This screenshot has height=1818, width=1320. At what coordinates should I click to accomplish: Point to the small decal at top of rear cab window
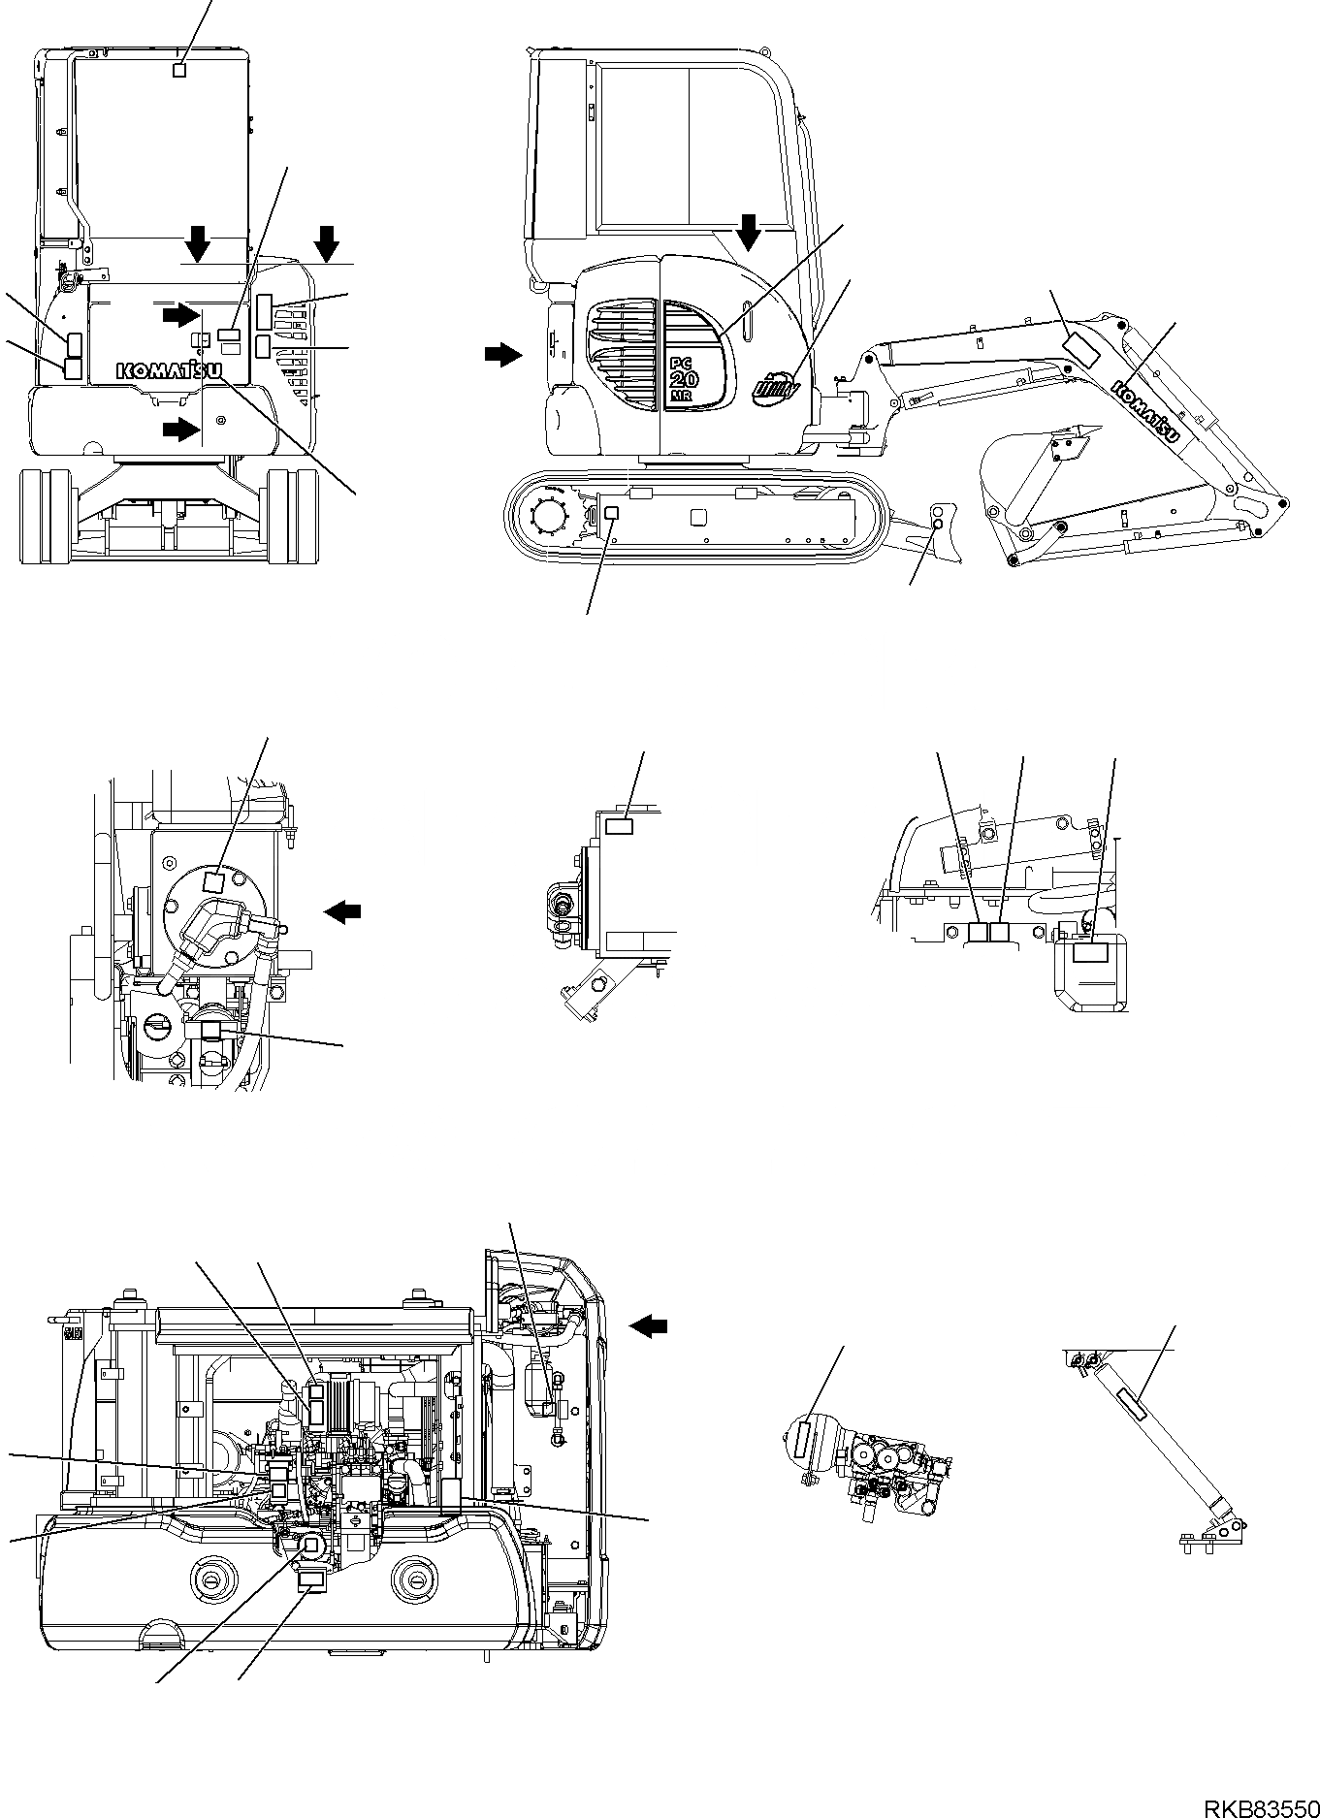(177, 69)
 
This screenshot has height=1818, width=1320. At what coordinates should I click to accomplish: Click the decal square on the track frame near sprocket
(611, 513)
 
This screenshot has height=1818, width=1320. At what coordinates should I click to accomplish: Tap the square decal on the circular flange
(213, 881)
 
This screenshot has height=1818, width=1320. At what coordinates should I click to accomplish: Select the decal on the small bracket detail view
(619, 826)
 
